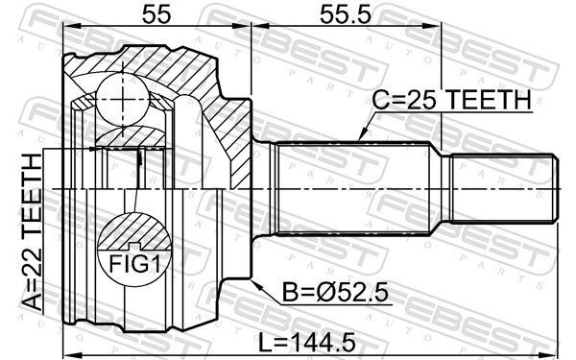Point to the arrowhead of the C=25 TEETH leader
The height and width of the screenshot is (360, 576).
(357, 141)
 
